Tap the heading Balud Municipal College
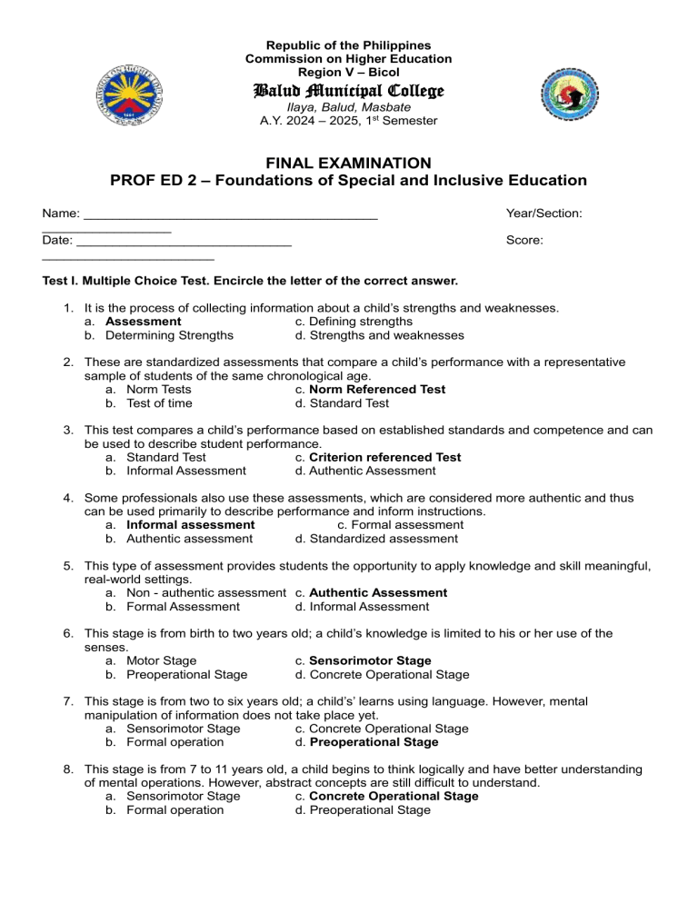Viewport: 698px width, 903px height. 348,92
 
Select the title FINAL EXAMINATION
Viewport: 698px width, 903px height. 348,163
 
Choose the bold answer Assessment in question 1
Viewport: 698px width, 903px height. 143,322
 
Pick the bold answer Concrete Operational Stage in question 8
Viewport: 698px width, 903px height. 393,796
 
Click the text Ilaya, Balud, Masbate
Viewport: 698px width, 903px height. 348,107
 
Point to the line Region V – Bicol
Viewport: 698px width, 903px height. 348,72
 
